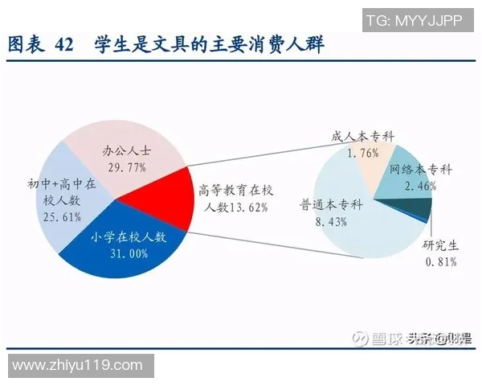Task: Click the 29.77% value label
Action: click(x=127, y=166)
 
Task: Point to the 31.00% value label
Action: click(x=127, y=254)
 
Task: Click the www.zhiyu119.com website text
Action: click(x=78, y=366)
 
